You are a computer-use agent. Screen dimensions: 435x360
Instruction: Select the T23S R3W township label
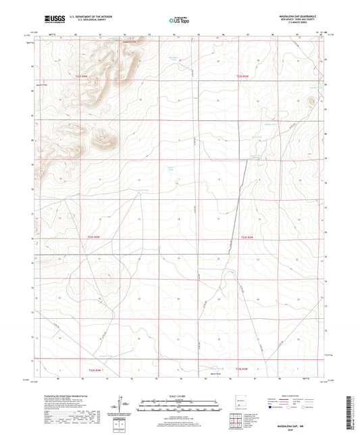(x=250, y=237)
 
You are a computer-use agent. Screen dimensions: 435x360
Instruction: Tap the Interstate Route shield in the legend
(x=272, y=407)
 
